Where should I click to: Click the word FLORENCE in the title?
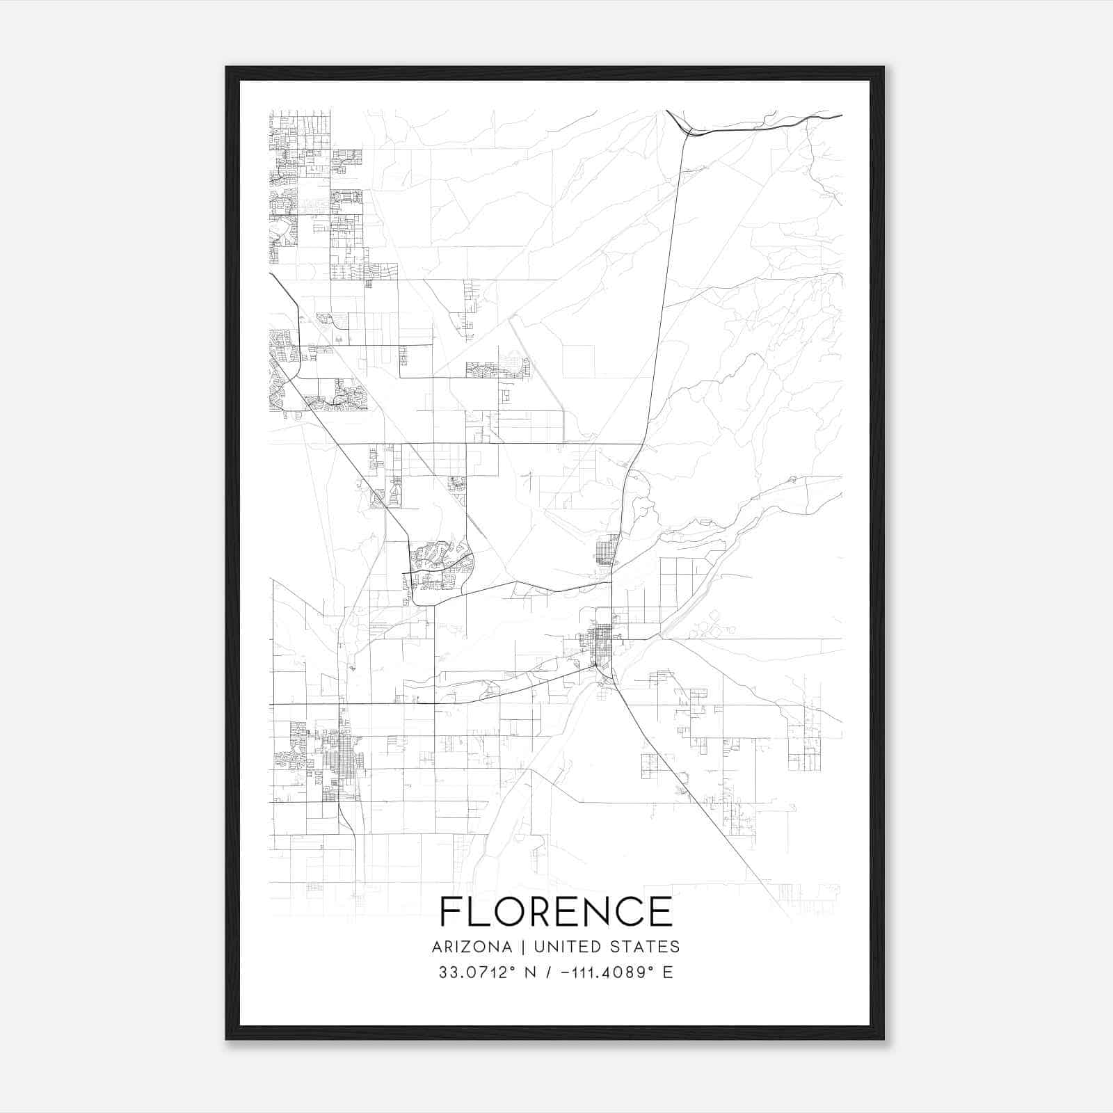coord(556,912)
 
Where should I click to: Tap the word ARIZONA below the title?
coord(472,947)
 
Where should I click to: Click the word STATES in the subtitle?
coord(644,947)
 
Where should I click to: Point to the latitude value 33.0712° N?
coord(483,972)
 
